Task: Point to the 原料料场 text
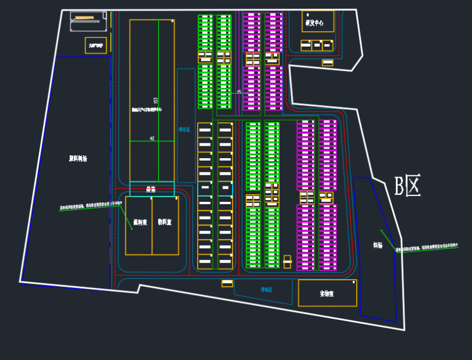coord(78,158)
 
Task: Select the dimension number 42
coord(152,138)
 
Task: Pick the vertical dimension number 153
coord(155,102)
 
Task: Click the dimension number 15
coord(239,91)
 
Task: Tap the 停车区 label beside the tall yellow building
coord(185,130)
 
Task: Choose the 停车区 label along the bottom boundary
coord(266,290)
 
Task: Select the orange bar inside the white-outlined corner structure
coord(84,18)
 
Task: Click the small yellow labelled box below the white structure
coord(96,45)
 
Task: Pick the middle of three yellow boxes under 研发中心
coord(317,45)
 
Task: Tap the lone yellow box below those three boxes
coord(327,63)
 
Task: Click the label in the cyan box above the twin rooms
coord(151,189)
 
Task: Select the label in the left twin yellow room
coord(139,222)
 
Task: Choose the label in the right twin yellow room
coord(165,222)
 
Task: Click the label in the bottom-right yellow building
coord(327,293)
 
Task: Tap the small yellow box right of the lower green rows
coord(287,261)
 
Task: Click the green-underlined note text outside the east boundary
coord(427,249)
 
